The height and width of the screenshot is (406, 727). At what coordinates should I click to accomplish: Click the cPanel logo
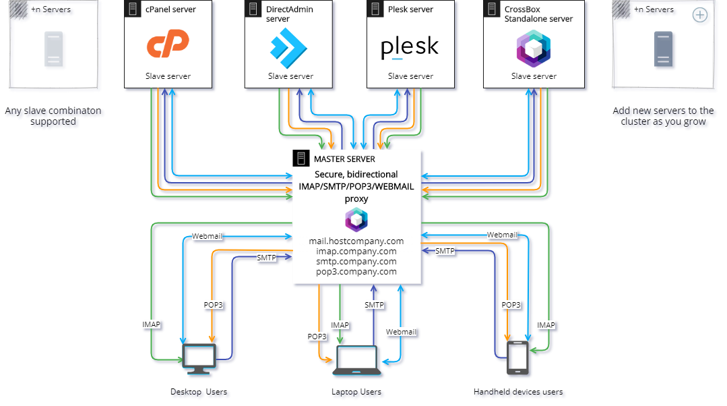click(x=168, y=45)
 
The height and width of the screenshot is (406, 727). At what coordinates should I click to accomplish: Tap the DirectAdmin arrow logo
click(x=288, y=46)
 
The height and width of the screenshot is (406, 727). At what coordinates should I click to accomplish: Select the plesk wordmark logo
click(x=410, y=49)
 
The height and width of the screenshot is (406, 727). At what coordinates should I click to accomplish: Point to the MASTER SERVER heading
click(x=344, y=159)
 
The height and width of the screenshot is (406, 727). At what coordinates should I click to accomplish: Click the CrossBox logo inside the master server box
click(x=356, y=220)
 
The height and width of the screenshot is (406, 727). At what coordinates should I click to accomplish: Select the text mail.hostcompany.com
click(x=356, y=241)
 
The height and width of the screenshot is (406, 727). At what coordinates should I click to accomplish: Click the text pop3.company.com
click(x=356, y=272)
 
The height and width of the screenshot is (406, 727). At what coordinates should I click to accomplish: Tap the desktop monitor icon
click(x=200, y=357)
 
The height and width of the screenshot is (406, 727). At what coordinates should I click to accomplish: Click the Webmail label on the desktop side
click(x=207, y=236)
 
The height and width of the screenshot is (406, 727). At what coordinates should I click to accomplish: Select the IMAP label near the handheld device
click(x=546, y=325)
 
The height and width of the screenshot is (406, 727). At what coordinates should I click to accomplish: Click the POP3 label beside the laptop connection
click(x=317, y=336)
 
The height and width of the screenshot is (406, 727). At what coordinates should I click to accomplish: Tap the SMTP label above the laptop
click(x=374, y=305)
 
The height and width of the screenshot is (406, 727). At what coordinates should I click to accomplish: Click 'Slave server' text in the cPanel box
click(x=168, y=76)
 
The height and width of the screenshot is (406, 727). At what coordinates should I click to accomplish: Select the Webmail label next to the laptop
click(x=401, y=332)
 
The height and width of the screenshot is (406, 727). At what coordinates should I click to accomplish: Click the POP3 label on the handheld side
click(x=511, y=305)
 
